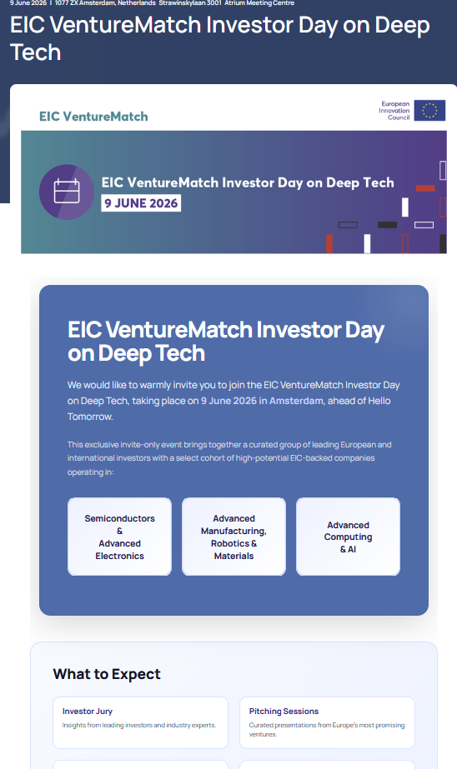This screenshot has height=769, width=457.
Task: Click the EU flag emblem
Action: pyautogui.click(x=429, y=110)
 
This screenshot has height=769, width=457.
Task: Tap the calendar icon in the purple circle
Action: pyautogui.click(x=67, y=192)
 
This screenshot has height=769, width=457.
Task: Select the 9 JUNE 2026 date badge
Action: pyautogui.click(x=141, y=203)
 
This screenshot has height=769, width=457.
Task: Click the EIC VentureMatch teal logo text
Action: pyautogui.click(x=93, y=117)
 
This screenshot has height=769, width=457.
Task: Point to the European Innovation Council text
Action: pyautogui.click(x=394, y=111)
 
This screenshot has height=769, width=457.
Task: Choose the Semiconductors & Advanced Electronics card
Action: pyautogui.click(x=120, y=537)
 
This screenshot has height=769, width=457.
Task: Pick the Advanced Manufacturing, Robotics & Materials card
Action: pyautogui.click(x=234, y=537)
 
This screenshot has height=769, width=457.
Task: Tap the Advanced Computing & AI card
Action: pyautogui.click(x=348, y=537)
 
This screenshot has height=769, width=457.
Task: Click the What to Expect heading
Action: pyautogui.click(x=107, y=674)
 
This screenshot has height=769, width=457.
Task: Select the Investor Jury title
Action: pyautogui.click(x=88, y=712)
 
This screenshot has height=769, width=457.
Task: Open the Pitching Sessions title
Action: pyautogui.click(x=284, y=712)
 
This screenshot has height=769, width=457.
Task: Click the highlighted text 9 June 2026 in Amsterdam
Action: pyautogui.click(x=262, y=401)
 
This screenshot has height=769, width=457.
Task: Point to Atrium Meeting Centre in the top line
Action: pyautogui.click(x=259, y=3)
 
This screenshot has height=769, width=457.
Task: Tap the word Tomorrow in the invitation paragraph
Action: pyautogui.click(x=90, y=417)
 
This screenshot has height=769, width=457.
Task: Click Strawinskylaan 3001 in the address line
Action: pyautogui.click(x=190, y=3)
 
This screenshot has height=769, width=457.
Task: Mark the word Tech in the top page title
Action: pyautogui.click(x=35, y=52)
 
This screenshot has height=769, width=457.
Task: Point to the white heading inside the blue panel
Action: pyautogui.click(x=226, y=342)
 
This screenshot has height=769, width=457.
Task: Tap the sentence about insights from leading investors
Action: pyautogui.click(x=139, y=725)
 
